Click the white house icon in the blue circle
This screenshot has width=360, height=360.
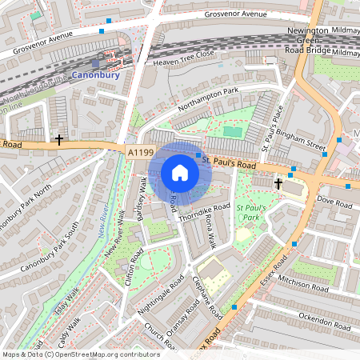pos(179,173)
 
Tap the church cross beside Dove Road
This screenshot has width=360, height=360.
pos(278,184)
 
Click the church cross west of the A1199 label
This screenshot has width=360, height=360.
pos(59,140)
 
